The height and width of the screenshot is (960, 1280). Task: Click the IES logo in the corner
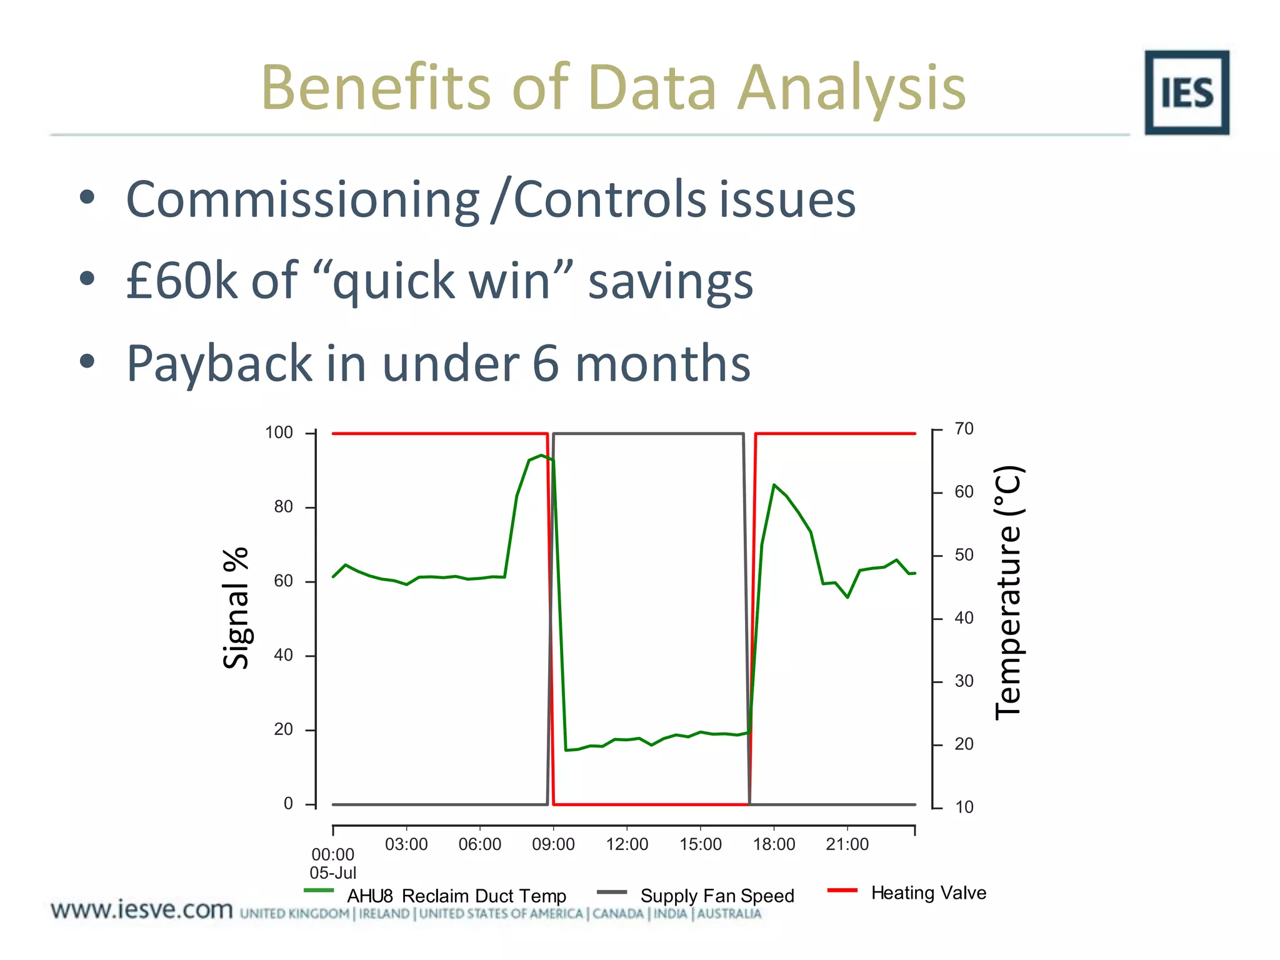pyautogui.click(x=1186, y=92)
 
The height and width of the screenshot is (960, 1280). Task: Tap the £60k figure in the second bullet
pyautogui.click(x=182, y=281)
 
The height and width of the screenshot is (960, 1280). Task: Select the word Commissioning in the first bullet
pyautogui.click(x=302, y=199)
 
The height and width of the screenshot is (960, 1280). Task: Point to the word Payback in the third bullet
pyautogui.click(x=219, y=364)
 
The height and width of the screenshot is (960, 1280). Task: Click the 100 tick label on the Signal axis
pyautogui.click(x=279, y=432)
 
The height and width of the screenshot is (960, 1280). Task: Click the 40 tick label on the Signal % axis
pyautogui.click(x=283, y=655)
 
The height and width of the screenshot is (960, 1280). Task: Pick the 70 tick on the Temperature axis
pyautogui.click(x=964, y=429)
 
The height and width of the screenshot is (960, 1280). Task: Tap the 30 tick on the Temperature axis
pyautogui.click(x=964, y=681)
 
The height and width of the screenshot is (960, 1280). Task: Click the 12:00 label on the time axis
pyautogui.click(x=627, y=844)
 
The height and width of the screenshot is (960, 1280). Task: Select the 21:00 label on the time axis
pyautogui.click(x=847, y=844)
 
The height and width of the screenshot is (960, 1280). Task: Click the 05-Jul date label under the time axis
pyautogui.click(x=333, y=873)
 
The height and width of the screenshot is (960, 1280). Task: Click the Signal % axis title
pyautogui.click(x=236, y=609)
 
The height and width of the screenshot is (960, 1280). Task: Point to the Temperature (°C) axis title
pyautogui.click(x=1007, y=592)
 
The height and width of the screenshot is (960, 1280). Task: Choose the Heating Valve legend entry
pyautogui.click(x=928, y=893)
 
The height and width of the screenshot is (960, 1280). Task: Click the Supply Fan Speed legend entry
pyautogui.click(x=717, y=896)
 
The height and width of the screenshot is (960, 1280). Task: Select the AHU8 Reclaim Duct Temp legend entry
pyautogui.click(x=456, y=896)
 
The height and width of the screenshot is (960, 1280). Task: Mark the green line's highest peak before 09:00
pyautogui.click(x=541, y=456)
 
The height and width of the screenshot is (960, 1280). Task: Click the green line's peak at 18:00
pyautogui.click(x=774, y=485)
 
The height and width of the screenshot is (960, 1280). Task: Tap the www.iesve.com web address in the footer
pyautogui.click(x=142, y=909)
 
